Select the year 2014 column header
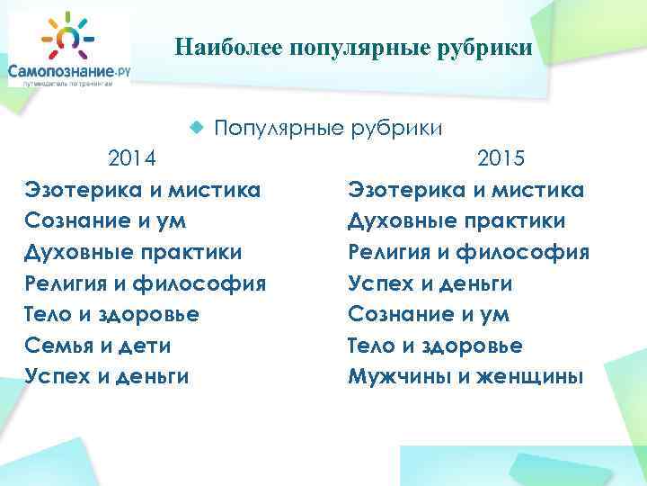132,159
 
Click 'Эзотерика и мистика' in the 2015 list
465,190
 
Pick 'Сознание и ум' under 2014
106,221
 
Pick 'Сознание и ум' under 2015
429,315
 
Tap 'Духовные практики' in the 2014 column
134,253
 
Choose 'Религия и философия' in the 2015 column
468,253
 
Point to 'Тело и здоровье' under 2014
112,315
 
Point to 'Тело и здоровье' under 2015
435,346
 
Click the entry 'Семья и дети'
98,346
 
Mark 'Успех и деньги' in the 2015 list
430,284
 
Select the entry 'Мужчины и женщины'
465,377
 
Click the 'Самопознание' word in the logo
58,69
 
